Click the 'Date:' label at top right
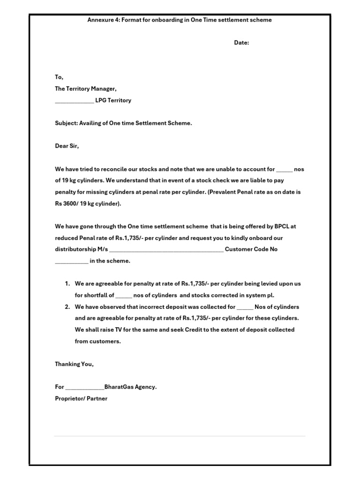[241, 43]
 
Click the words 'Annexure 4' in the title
[102, 20]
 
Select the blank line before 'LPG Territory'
[74, 101]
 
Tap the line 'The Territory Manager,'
[86, 89]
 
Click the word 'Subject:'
[66, 123]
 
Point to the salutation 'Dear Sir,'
[67, 146]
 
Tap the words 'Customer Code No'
[251, 249]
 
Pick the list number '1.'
[67, 284]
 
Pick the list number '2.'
[67, 307]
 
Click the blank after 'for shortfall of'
[124, 296]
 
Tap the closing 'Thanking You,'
[74, 364]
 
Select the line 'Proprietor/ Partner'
[81, 398]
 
